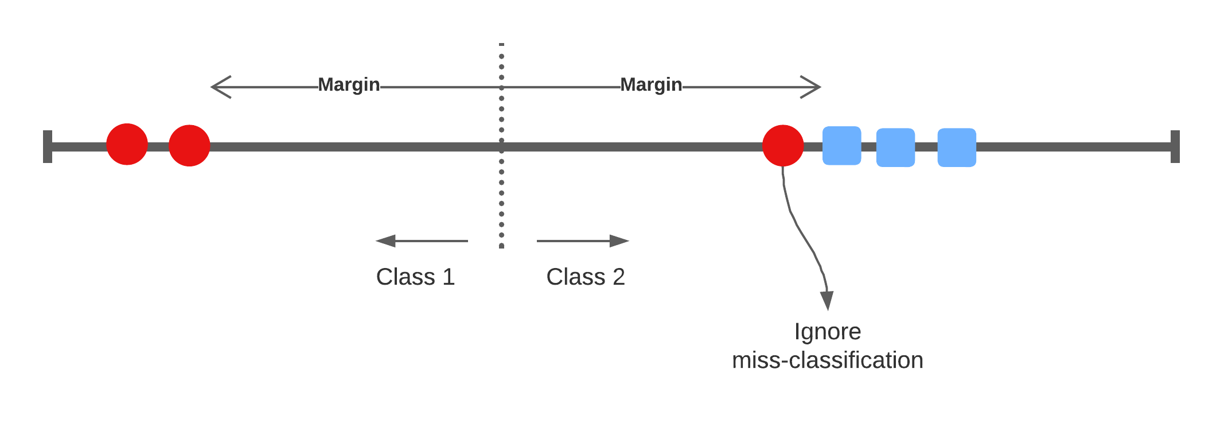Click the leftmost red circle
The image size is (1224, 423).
click(127, 145)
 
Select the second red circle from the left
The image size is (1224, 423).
click(189, 145)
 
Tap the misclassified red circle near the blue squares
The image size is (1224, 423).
click(783, 145)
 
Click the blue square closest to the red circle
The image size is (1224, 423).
click(841, 146)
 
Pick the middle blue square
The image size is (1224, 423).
click(895, 148)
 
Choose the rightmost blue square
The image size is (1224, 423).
click(957, 148)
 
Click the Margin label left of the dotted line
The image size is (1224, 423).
click(349, 85)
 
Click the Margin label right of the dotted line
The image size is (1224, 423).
click(651, 85)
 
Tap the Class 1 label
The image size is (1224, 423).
click(415, 277)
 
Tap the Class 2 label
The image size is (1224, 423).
click(585, 277)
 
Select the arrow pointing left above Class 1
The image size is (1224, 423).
click(421, 241)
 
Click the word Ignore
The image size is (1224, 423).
click(828, 332)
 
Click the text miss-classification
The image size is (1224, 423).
click(828, 360)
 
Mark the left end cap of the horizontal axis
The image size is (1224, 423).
click(48, 146)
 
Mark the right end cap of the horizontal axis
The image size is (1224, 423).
click(1175, 146)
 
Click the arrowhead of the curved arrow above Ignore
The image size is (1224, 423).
click(827, 300)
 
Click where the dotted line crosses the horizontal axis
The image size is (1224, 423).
click(501, 146)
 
